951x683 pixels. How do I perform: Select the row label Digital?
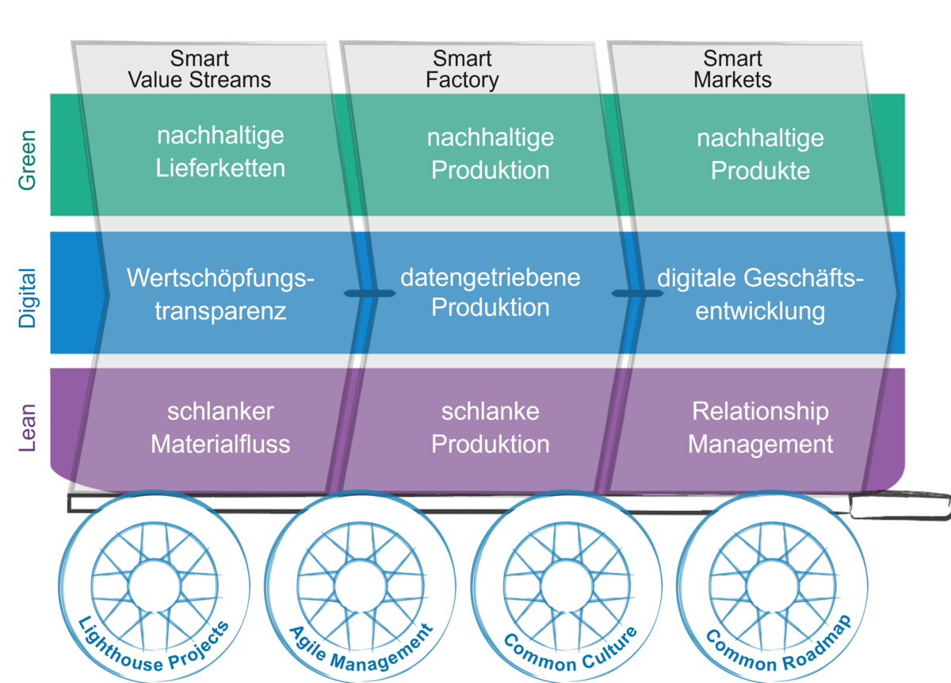point(28,298)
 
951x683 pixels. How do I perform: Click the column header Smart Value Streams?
point(199,70)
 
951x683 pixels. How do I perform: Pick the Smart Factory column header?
point(462,70)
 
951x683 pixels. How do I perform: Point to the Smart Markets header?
point(732,70)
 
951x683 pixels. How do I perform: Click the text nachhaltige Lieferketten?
point(220,152)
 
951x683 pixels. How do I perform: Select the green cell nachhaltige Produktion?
point(490,154)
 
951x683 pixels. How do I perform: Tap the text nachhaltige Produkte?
point(760,154)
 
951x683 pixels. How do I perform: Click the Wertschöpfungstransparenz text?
point(220,294)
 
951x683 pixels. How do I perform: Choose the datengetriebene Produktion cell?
point(490,292)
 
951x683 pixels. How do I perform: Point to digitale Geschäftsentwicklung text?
point(760,294)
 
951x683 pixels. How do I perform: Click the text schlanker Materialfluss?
point(220,428)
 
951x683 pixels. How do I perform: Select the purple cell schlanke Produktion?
point(490,428)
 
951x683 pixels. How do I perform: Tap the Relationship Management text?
point(760,428)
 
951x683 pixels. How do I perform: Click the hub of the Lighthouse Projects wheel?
point(155,586)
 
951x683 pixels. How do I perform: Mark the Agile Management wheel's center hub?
point(361,586)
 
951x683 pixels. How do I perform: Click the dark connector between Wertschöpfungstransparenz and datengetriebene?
point(369,293)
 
